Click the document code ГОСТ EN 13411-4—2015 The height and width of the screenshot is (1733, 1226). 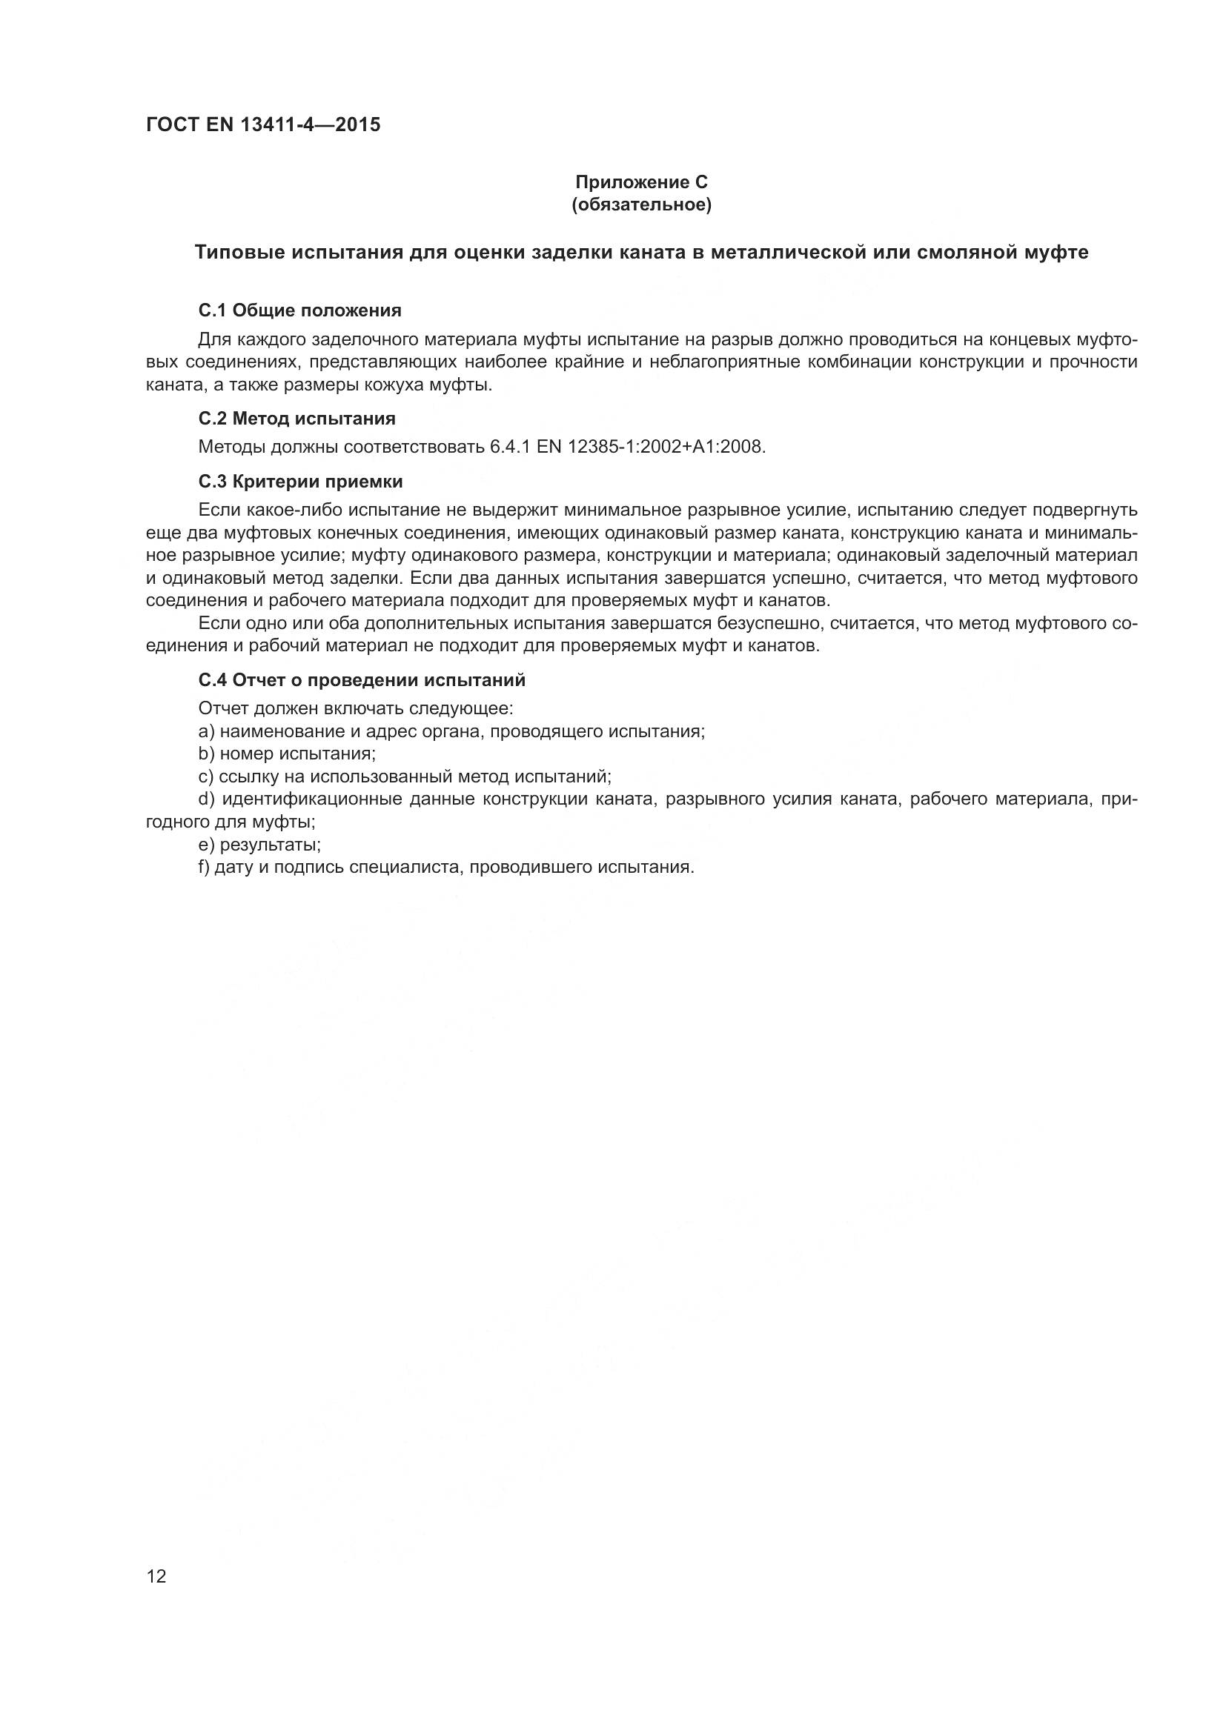click(262, 124)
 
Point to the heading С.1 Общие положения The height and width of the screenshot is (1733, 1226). click(299, 310)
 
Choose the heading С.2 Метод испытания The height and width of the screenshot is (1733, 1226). click(296, 418)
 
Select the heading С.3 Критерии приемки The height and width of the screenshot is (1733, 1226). click(300, 482)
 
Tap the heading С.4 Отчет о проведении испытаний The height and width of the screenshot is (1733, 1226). click(362, 680)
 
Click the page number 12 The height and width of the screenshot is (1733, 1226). click(156, 1576)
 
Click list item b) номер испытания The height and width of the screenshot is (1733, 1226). click(287, 754)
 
